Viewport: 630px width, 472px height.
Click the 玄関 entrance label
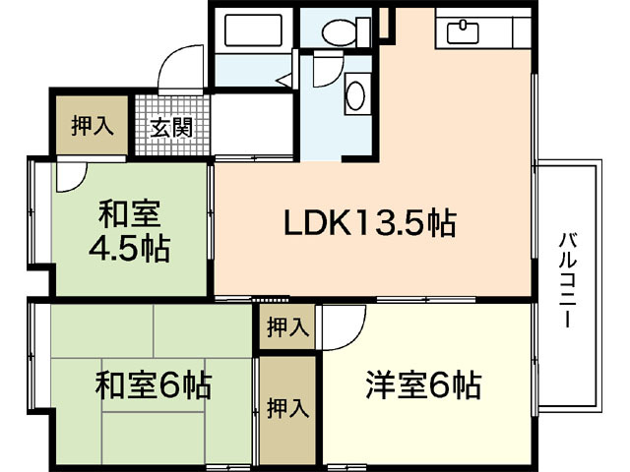[x=171, y=127]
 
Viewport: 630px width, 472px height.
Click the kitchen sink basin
[x=462, y=32]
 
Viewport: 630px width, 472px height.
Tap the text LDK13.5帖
[x=369, y=224]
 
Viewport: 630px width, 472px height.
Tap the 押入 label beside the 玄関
[x=92, y=126]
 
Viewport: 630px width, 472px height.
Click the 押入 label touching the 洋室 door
[x=285, y=327]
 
